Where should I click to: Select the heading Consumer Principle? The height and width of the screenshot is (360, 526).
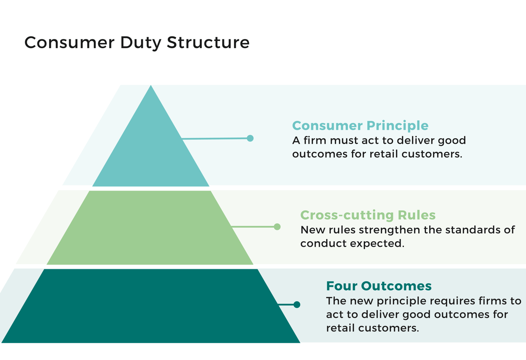pos(360,126)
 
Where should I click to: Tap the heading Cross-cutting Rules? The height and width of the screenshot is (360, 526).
pos(368,215)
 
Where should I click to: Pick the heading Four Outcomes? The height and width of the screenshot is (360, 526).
pos(379,286)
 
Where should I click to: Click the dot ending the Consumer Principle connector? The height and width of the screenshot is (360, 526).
pos(250,138)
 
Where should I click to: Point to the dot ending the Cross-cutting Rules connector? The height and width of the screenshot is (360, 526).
pos(277,227)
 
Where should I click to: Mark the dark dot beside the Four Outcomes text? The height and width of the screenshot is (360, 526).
pos(297,304)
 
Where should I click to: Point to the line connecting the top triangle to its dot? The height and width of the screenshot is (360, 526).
pos(215,139)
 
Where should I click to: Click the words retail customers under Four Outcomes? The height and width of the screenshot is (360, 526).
pos(372,328)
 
